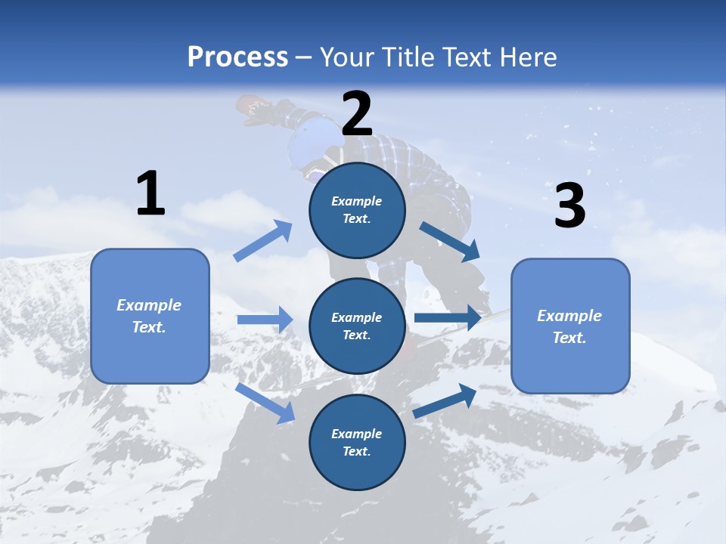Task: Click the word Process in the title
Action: (x=237, y=57)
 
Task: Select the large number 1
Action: (x=150, y=194)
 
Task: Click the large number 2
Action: (x=357, y=115)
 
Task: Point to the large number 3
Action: (x=569, y=206)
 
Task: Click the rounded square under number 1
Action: (x=150, y=316)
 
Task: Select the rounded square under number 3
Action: (x=570, y=326)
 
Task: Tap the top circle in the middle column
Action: (x=357, y=210)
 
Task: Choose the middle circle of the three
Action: (x=357, y=326)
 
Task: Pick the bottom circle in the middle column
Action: (x=357, y=442)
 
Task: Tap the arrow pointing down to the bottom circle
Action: (x=265, y=402)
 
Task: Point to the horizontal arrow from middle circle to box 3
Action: (x=447, y=317)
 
